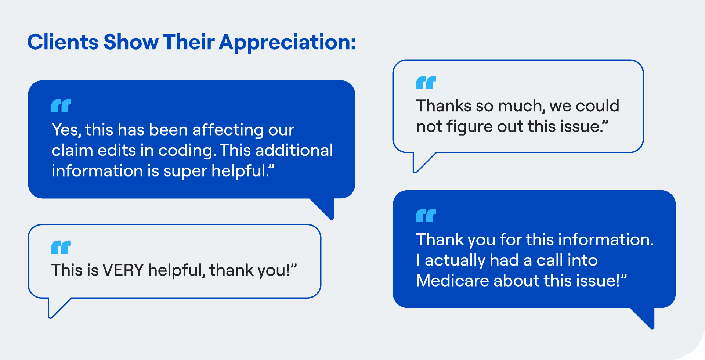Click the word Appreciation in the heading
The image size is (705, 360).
[x=287, y=43]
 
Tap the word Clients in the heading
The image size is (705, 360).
[x=63, y=42]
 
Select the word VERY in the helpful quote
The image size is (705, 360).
[x=123, y=270]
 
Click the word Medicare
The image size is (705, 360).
[x=452, y=281]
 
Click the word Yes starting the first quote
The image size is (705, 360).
[x=66, y=130]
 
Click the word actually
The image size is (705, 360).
[x=455, y=261]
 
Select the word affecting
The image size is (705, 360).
[x=228, y=130]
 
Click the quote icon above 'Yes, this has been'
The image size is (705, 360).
[x=61, y=105]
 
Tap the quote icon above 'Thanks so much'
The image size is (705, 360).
[x=426, y=83]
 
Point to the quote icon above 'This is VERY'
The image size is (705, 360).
[x=61, y=247]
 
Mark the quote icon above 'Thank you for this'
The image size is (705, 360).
[x=426, y=215]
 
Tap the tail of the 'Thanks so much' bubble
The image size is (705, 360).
[x=420, y=162]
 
